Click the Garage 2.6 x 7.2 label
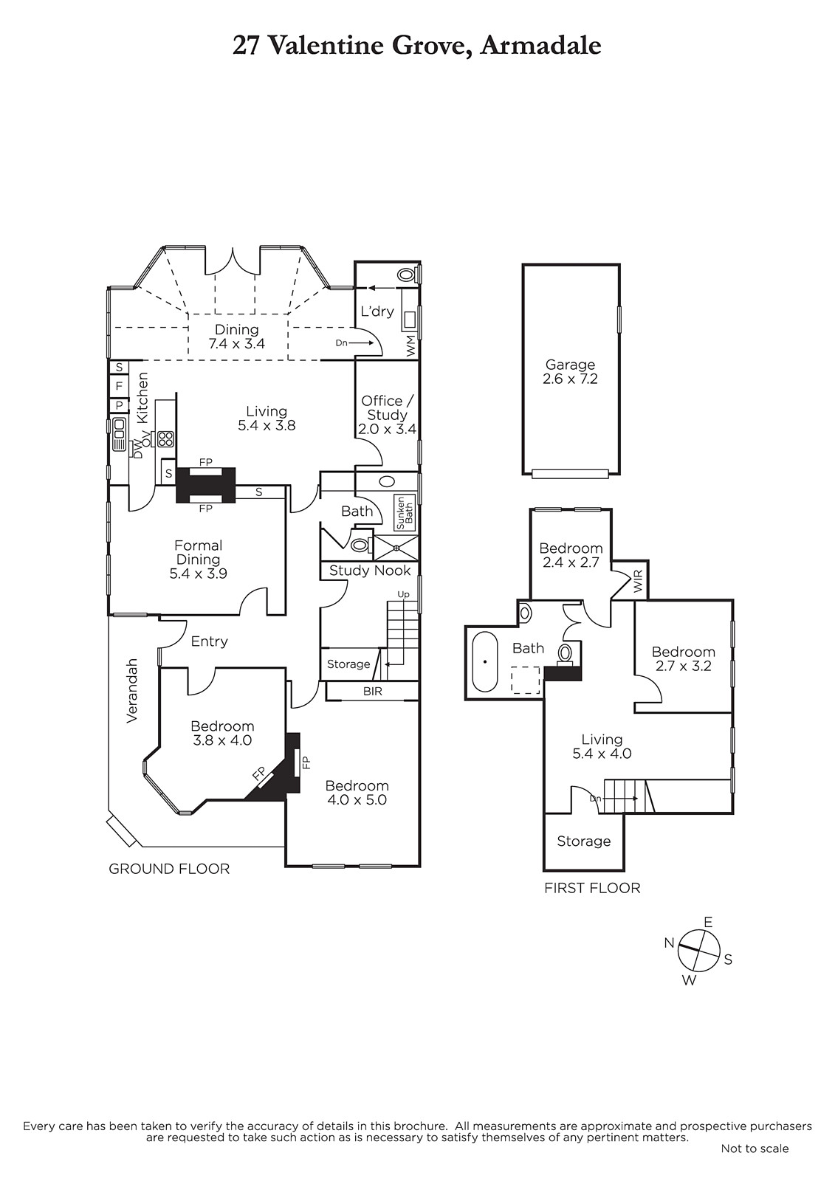click(570, 372)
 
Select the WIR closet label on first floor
click(639, 580)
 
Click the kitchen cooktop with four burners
click(165, 438)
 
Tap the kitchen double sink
click(119, 435)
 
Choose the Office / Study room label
click(387, 415)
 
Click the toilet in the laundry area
click(405, 275)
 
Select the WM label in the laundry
click(411, 346)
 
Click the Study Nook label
click(370, 570)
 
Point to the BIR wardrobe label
click(372, 691)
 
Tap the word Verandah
click(131, 690)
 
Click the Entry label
click(209, 641)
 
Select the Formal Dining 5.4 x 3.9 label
click(199, 559)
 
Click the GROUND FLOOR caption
click(169, 869)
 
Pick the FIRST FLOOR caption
click(592, 888)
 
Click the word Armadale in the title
click(541, 46)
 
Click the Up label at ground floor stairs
click(404, 595)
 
